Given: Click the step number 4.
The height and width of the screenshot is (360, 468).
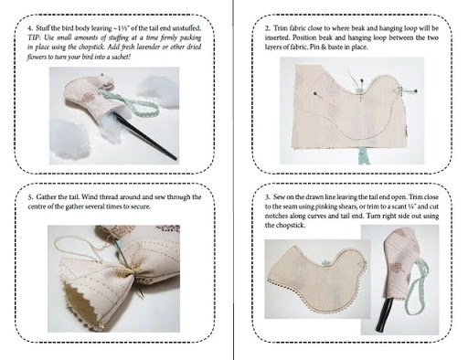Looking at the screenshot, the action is point(29,28).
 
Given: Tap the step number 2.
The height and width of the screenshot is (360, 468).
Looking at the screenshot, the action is point(267,28).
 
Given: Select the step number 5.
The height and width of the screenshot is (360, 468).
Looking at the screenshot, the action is point(29,197).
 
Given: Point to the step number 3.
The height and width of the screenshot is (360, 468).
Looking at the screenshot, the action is point(267,197).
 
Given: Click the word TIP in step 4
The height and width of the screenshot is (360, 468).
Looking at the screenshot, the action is point(33,37).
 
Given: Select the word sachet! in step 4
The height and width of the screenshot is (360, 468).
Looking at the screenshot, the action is point(122,57).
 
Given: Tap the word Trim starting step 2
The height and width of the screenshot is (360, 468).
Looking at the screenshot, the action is point(280,28).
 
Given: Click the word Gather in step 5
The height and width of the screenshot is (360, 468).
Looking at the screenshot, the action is point(46,197).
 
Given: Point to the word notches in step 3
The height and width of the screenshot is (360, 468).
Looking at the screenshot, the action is point(275,217).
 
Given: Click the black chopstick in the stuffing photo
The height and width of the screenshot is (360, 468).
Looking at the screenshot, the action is point(144,134).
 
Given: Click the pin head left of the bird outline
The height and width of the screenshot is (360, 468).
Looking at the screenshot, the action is point(314,93).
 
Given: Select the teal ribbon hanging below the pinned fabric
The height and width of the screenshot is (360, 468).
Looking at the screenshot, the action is point(363,155).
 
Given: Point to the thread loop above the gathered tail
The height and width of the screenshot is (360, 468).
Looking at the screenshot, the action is point(80,248).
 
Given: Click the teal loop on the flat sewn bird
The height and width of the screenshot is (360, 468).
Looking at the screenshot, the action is point(325,262).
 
